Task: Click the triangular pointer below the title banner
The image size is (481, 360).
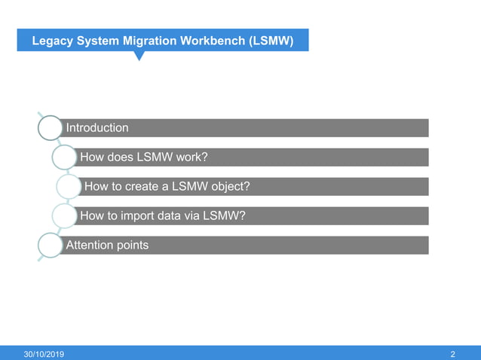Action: [x=139, y=56]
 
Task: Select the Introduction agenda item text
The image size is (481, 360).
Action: [x=97, y=128]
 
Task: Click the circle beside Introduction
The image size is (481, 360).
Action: [x=50, y=128]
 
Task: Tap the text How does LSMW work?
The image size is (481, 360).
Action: [x=143, y=157]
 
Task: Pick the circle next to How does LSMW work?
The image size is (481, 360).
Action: [x=64, y=157]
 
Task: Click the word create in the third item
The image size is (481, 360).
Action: [x=146, y=187]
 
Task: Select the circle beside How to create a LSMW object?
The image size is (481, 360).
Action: [x=69, y=187]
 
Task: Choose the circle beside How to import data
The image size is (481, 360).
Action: [x=64, y=216]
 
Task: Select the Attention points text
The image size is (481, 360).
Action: [x=107, y=246]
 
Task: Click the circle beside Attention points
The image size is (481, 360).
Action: [x=50, y=246]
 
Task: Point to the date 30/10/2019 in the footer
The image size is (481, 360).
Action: [x=44, y=354]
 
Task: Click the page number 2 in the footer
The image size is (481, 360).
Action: [x=452, y=354]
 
